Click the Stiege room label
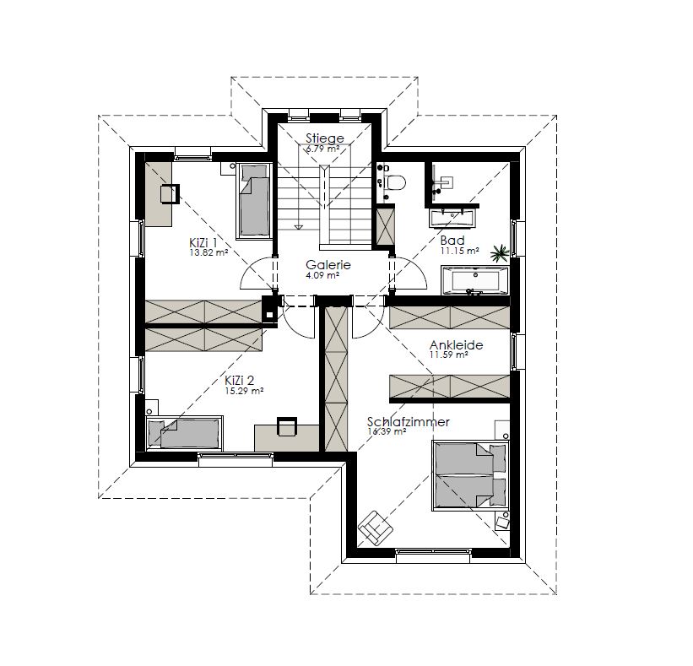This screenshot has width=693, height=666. point(325,138)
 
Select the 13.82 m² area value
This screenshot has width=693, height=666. point(208,253)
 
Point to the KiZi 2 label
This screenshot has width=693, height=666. point(239,381)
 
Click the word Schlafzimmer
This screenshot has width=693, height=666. point(409,422)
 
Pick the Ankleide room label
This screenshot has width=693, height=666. point(456,345)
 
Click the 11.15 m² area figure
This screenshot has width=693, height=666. point(460,251)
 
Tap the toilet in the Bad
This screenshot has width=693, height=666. point(396,182)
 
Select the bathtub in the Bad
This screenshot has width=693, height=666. point(474,280)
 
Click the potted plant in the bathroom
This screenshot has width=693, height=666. point(500,252)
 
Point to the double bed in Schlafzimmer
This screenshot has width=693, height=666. point(471,475)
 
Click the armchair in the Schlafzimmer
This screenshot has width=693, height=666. point(376,528)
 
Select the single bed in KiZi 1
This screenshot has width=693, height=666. point(254,201)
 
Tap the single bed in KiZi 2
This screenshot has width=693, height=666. point(184,433)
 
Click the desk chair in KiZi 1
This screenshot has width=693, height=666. point(170,193)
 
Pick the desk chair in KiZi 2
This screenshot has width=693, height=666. point(287,426)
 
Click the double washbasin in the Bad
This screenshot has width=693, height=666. point(452,218)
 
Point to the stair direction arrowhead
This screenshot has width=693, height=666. point(299,227)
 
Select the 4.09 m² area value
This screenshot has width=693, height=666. point(322,275)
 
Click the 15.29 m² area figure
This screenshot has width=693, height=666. point(245,391)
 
